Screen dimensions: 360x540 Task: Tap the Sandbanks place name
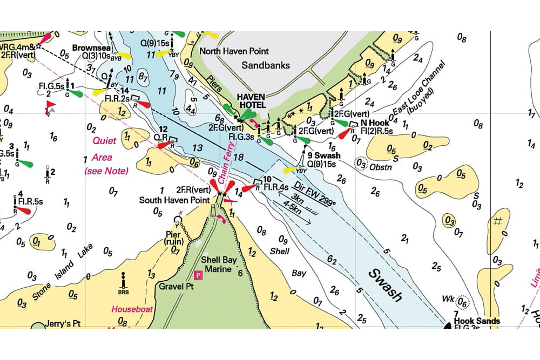tap(265, 65)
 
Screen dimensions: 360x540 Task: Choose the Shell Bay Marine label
tap(219, 264)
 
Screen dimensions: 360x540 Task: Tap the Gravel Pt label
tap(176, 286)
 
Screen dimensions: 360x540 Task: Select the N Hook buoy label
tap(372, 123)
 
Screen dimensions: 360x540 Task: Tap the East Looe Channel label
tap(421, 90)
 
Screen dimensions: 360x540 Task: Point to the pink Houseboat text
tap(133, 310)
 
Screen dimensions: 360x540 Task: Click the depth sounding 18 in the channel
tap(239, 157)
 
